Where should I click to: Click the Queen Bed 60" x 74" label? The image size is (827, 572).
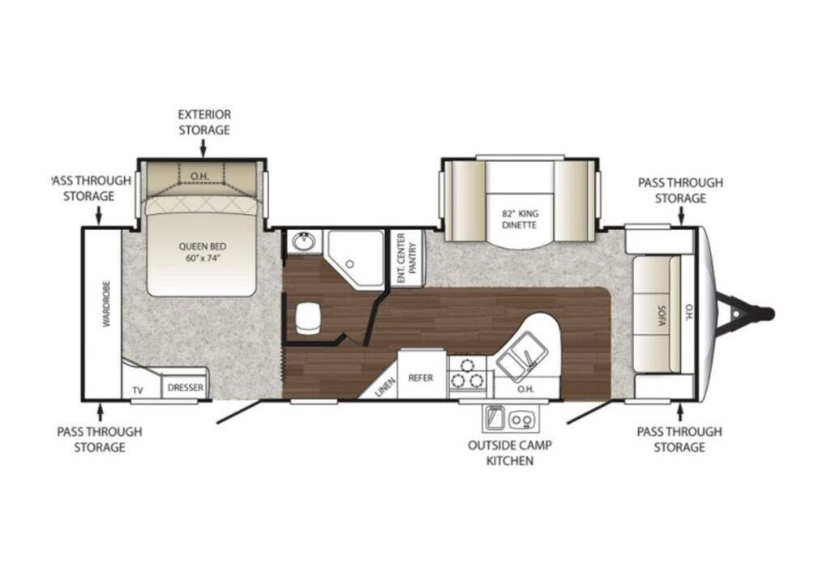coord(203,252)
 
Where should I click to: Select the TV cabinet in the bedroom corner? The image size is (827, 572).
coord(139,379)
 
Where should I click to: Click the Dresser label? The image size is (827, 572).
coord(185,388)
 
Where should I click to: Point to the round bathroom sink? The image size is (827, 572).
coord(304,242)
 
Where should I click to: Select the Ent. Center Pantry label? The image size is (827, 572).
coord(407,258)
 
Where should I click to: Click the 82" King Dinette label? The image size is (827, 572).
coord(520,220)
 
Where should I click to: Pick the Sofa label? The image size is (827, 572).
coord(662,314)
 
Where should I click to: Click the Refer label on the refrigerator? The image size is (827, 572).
coord(421,378)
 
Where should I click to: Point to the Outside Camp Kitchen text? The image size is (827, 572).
coord(510,453)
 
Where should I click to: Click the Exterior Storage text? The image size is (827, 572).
coord(204,122)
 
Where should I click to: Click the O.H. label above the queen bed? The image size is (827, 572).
coord(199,176)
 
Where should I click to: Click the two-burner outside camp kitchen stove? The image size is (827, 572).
coord(521,419)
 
